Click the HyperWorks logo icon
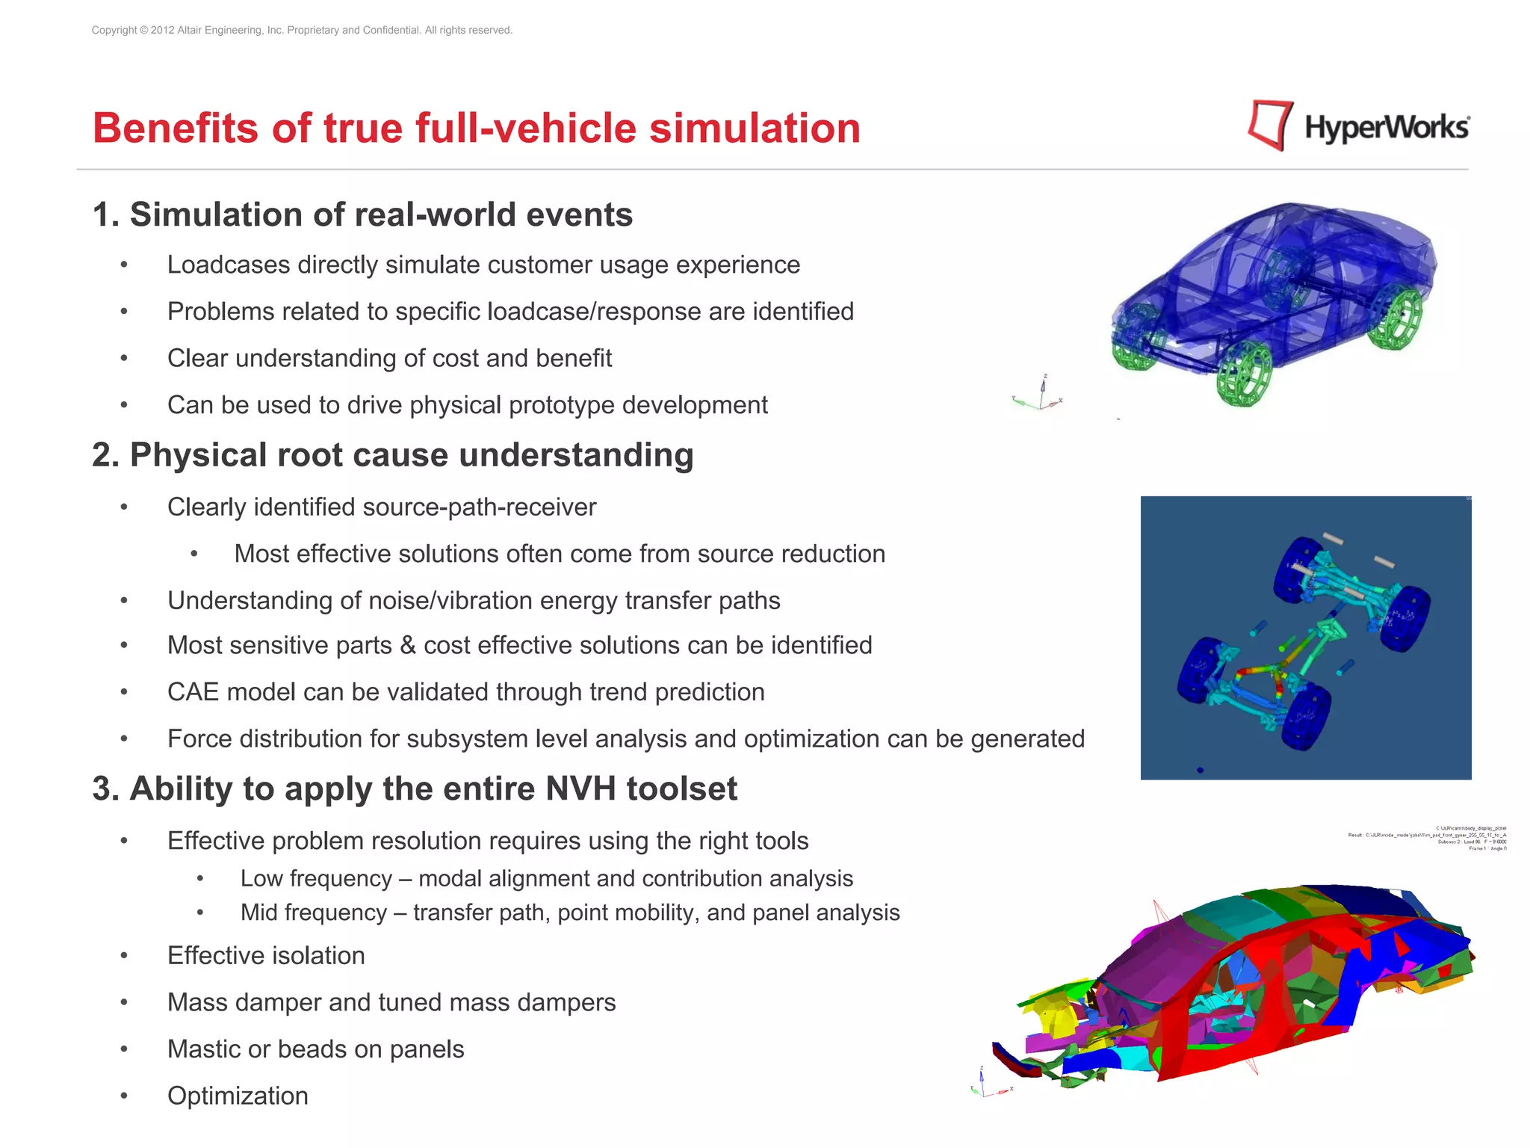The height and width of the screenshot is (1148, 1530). click(1269, 125)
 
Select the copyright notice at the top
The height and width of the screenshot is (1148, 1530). click(302, 31)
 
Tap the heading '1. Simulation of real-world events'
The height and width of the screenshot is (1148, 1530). click(362, 215)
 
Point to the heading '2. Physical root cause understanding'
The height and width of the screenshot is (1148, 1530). click(393, 455)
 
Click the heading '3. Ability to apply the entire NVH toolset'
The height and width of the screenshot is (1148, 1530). click(415, 789)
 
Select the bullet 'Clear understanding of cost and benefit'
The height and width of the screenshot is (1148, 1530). click(389, 359)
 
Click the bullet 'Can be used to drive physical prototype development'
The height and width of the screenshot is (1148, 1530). click(467, 405)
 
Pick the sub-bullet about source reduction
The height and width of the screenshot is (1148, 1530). click(559, 554)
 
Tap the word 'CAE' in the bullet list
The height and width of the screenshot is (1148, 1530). click(193, 692)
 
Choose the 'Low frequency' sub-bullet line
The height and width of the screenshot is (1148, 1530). click(546, 879)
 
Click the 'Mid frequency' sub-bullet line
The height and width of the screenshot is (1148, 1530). click(569, 913)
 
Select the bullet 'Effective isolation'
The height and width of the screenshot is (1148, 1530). click(266, 956)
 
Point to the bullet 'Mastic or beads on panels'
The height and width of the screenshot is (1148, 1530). click(315, 1049)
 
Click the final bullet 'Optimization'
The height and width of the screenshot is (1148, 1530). click(238, 1096)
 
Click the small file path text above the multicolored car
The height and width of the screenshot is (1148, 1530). click(1427, 838)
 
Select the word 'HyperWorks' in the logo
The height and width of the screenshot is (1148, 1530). click(1387, 127)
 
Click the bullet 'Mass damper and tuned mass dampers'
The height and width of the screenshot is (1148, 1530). click(391, 1002)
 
